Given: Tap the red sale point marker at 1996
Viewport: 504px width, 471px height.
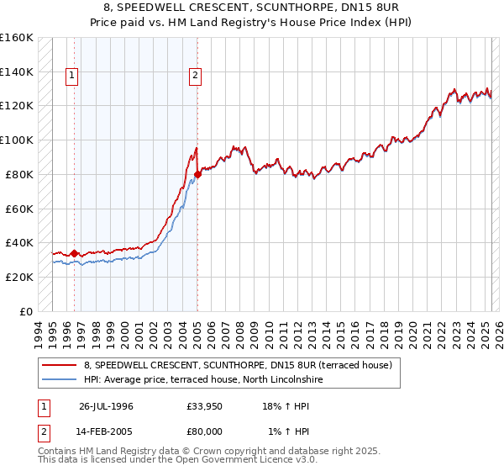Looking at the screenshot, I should [x=74, y=252].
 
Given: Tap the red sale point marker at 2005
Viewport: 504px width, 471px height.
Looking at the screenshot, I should [x=197, y=174].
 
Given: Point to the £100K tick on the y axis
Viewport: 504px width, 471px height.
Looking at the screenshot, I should [x=17, y=140].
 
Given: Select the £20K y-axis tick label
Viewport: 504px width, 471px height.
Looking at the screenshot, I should [x=18, y=277].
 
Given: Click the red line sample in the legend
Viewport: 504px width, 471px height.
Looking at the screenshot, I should [x=60, y=365].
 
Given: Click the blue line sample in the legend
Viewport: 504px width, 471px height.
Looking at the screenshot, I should [x=60, y=379].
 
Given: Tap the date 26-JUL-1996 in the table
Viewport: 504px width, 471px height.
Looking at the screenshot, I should [x=106, y=405].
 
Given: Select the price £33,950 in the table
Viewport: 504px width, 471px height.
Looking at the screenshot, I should [x=205, y=405].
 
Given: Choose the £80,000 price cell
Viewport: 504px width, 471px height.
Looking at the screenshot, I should [x=205, y=431].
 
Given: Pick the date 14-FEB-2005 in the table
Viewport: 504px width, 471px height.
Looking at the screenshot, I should [x=106, y=431].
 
